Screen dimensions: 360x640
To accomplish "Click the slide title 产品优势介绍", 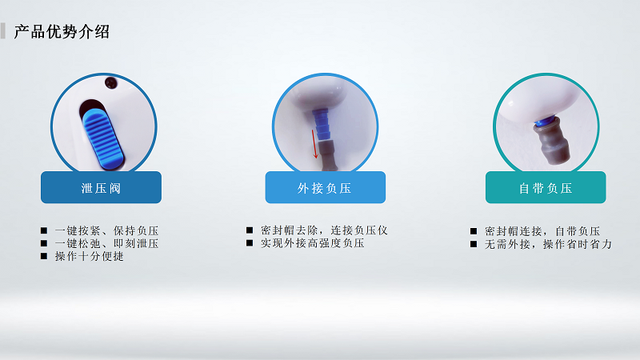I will point(62,32).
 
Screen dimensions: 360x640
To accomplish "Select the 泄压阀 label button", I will point(101,188).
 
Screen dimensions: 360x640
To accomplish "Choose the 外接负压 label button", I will point(325,188).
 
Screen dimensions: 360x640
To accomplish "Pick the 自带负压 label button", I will point(546,188).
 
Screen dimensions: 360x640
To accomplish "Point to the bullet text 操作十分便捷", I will point(89,256).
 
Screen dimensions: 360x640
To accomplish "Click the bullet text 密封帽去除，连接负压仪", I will point(323,230).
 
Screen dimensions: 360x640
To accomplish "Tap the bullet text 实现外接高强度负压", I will point(312,242).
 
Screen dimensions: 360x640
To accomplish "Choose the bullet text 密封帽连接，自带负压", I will point(542,231).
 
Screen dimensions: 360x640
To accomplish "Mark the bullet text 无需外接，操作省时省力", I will point(548,244).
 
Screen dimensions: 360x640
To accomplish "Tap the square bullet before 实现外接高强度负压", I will point(250,242).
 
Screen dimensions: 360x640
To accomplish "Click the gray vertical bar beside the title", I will point(3,32).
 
